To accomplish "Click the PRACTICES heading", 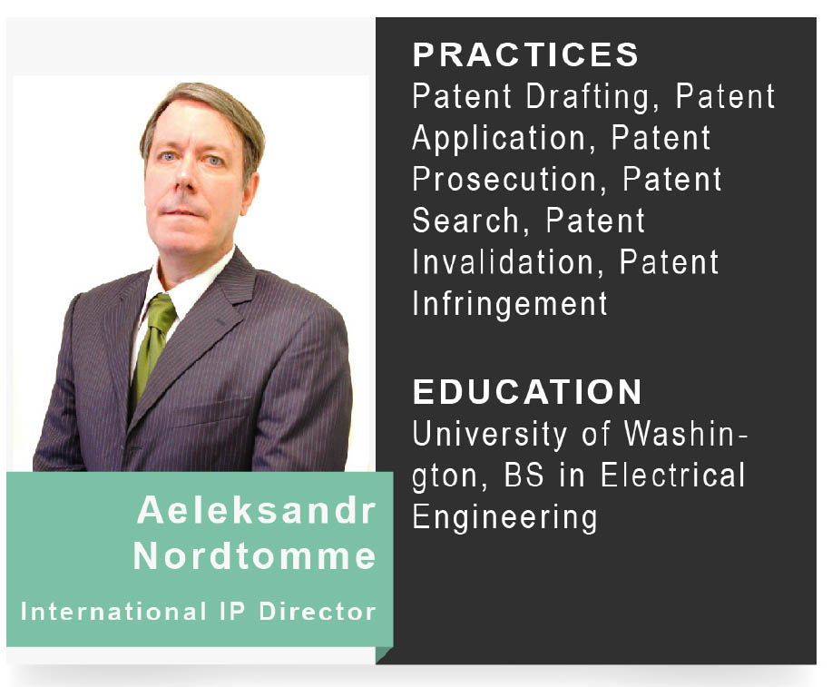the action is pos(525,54).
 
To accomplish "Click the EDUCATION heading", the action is pos(527,391).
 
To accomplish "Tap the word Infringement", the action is pos(510,305).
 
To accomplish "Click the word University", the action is pos(490,436).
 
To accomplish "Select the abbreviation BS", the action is pos(524,475).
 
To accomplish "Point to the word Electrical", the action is pos(673,475).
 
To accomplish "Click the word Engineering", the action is pos(504,518).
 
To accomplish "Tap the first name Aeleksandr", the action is pos(256,510).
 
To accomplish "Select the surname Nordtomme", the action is pos(254,556).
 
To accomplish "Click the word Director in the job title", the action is pos(318,612).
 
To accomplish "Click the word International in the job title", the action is pos(113,612).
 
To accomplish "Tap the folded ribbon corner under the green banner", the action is pos(384,654).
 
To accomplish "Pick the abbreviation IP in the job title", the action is pos(232,612).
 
